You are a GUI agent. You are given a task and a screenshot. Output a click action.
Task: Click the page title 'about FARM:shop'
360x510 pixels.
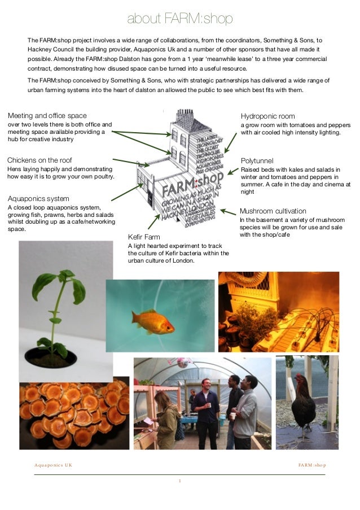tap(179, 20)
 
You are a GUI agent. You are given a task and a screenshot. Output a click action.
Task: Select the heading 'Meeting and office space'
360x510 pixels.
tap(47, 116)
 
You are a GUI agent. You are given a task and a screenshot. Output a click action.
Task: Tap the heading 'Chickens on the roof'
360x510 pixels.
tap(39, 160)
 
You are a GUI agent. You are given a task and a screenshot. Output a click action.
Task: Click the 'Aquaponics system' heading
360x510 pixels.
tap(38, 198)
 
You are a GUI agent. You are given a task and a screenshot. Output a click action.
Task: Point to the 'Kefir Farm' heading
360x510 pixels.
tap(144, 237)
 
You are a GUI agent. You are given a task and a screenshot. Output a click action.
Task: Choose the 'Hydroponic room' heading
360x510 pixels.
tap(267, 116)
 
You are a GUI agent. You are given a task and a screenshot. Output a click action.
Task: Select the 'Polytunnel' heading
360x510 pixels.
tap(257, 160)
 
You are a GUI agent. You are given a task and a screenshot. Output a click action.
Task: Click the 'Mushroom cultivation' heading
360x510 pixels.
tap(273, 211)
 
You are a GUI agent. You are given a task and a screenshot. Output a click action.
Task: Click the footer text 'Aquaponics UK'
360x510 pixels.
tap(53, 465)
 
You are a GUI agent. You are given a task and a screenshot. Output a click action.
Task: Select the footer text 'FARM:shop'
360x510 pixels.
tap(312, 465)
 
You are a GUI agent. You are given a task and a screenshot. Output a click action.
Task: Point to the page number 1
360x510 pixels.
tap(179, 481)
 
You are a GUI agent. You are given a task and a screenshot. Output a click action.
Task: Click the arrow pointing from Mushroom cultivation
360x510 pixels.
tap(228, 212)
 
